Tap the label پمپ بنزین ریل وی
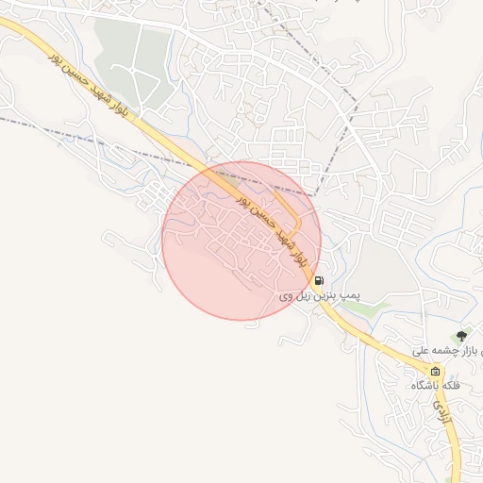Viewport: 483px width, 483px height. pos(319,295)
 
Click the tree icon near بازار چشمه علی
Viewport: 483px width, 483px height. pos(461,335)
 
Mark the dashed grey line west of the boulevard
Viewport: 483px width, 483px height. pos(75,131)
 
